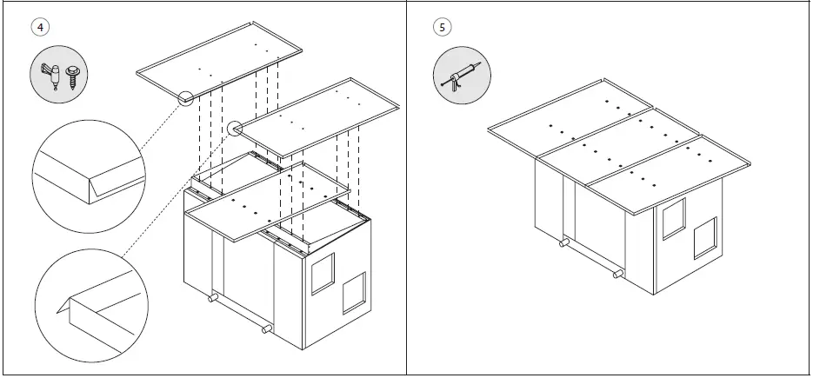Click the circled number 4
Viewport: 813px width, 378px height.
click(40, 27)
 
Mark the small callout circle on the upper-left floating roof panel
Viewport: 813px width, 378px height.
click(185, 98)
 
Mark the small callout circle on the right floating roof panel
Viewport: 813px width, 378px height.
click(234, 129)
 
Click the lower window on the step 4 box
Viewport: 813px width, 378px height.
click(353, 293)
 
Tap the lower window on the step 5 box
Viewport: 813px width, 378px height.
click(703, 237)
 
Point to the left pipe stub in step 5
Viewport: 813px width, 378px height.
click(563, 245)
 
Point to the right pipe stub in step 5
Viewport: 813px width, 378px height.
click(618, 274)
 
